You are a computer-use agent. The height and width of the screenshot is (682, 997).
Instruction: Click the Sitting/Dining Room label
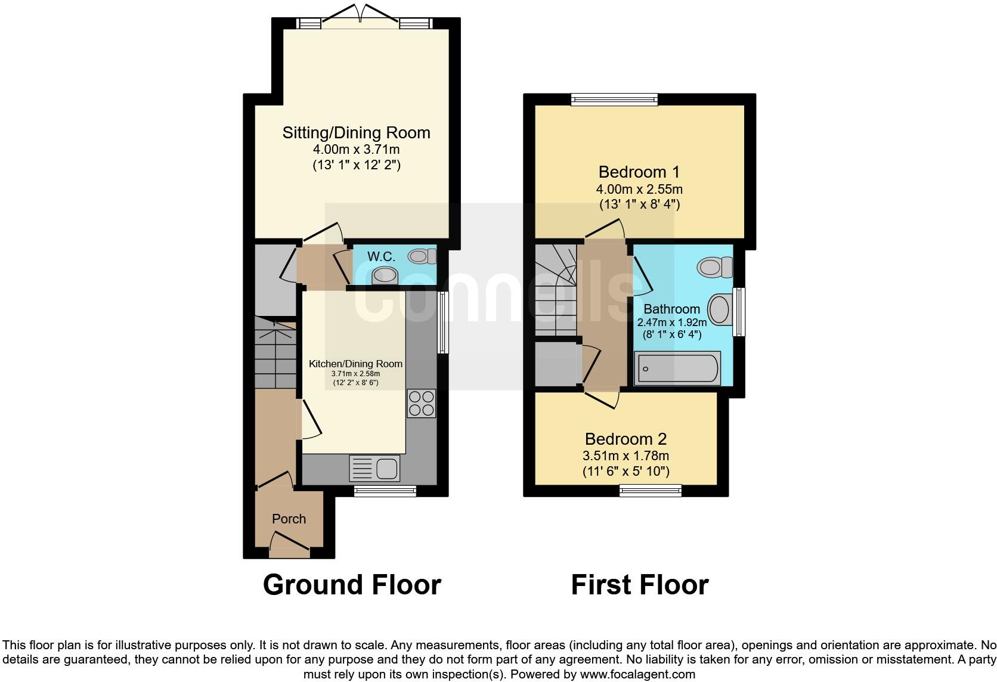pos(356,132)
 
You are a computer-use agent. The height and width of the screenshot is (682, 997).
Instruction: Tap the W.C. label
pos(381,256)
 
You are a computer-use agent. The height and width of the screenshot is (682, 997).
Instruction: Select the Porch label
pos(289,519)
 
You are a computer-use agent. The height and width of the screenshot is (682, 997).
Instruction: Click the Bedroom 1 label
pos(639,172)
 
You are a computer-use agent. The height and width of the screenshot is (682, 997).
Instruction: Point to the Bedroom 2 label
pos(626,439)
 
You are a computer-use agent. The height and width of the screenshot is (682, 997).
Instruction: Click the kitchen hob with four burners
pos(421,403)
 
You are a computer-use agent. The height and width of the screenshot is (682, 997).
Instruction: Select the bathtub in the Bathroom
pos(677,368)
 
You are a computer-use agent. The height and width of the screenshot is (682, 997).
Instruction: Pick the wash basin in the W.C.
pos(385,276)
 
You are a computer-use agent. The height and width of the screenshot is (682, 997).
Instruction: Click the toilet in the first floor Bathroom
pos(715,266)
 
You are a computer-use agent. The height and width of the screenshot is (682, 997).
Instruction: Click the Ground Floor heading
pos(352,585)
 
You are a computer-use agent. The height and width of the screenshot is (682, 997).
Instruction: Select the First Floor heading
pos(640,585)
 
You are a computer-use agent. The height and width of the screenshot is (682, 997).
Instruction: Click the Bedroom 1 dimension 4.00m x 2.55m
pos(639,190)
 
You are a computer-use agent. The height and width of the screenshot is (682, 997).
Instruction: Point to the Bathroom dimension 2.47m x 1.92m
pos(671,323)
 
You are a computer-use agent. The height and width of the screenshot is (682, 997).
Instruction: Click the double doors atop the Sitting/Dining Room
pos(361,17)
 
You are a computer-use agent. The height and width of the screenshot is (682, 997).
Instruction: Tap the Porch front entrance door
pos(289,545)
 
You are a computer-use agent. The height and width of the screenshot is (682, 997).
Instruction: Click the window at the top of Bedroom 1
pos(614,99)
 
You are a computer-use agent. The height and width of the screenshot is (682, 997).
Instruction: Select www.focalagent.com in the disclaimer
pos(637,675)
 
